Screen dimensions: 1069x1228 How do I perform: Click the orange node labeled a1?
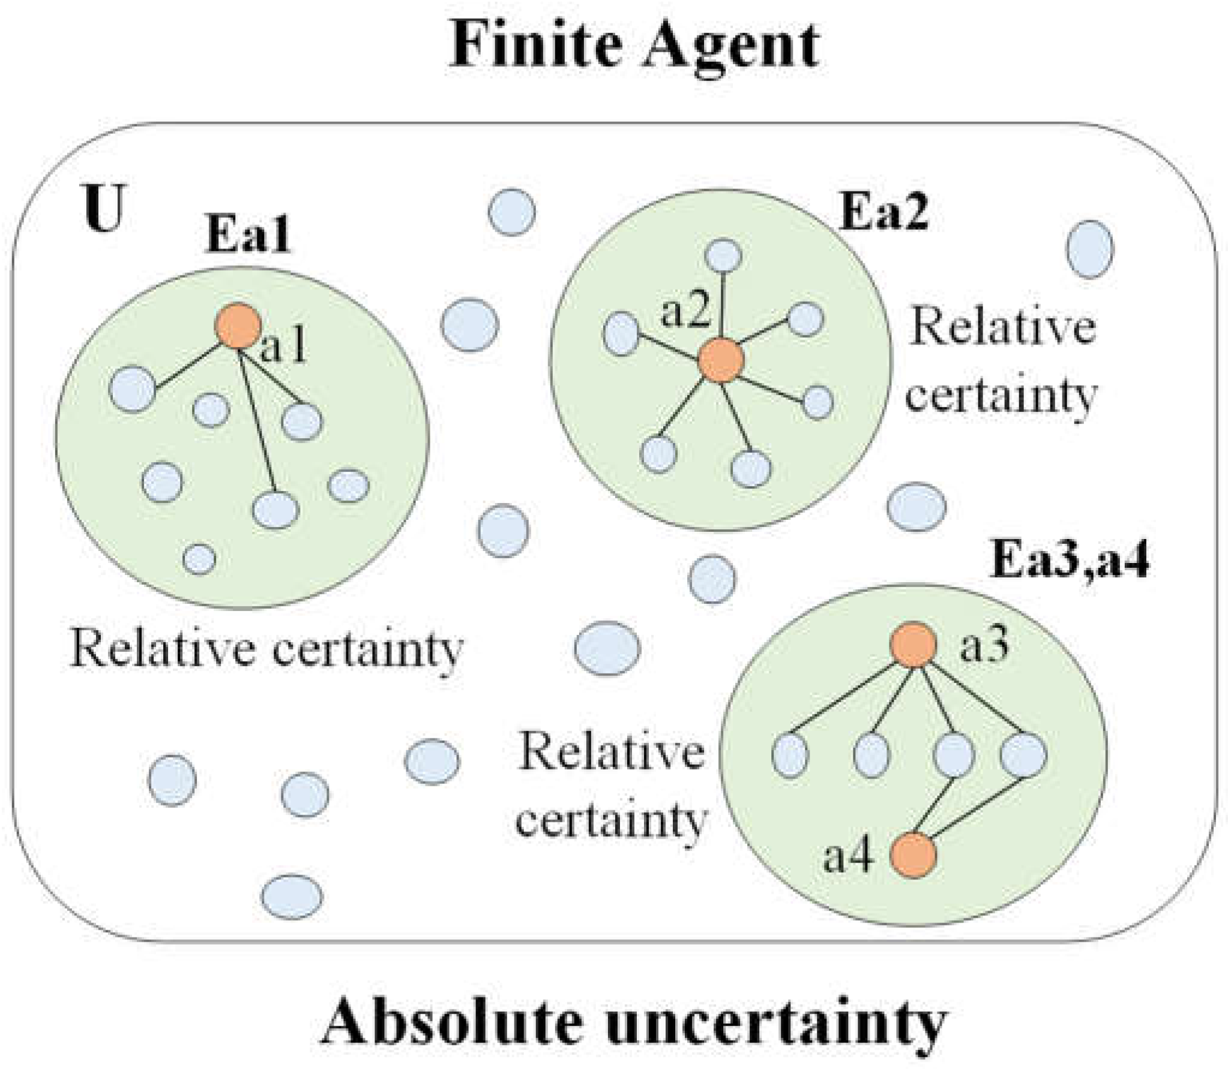(x=238, y=325)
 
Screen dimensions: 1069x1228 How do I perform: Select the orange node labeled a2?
(x=721, y=360)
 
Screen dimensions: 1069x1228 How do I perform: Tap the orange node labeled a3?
(x=913, y=645)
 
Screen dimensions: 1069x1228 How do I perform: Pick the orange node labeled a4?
(x=912, y=855)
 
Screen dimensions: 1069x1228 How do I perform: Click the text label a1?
(x=284, y=348)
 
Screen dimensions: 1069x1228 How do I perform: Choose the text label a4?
(x=847, y=857)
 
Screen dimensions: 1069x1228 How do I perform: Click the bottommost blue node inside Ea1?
(x=199, y=558)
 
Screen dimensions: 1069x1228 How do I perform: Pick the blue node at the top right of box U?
(x=1089, y=249)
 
